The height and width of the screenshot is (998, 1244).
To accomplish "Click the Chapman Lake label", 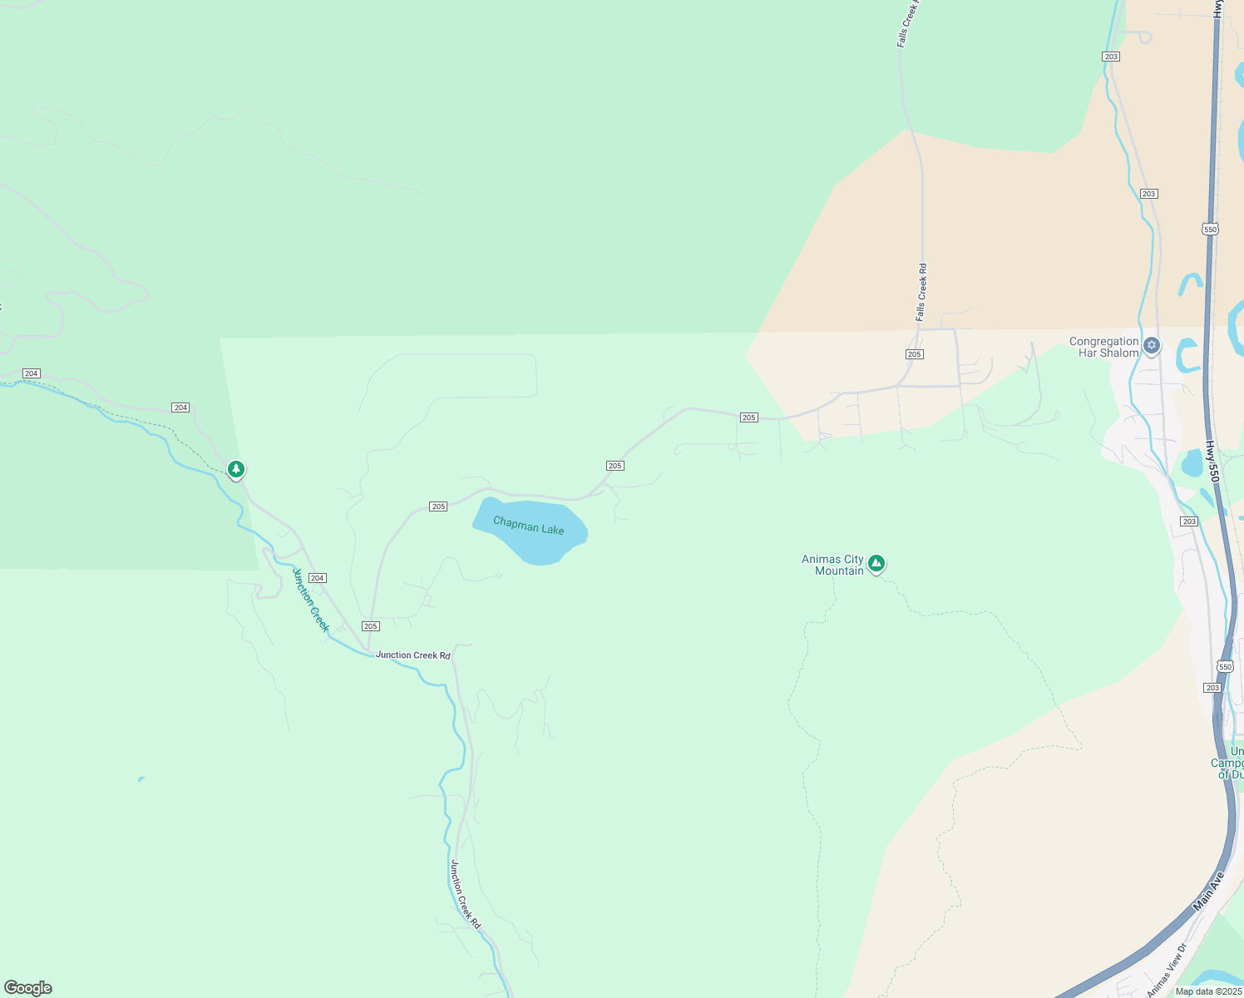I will point(529,526).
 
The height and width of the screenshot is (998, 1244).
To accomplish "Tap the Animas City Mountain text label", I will point(832,565).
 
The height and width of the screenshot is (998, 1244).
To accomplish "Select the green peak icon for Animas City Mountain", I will point(876,564).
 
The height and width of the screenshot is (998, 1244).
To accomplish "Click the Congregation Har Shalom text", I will point(1103,347).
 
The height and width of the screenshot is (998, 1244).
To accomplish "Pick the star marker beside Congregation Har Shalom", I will point(1152,345).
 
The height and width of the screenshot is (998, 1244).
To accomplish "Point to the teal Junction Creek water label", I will point(311,600).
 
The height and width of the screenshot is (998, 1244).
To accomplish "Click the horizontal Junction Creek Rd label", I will point(412,655).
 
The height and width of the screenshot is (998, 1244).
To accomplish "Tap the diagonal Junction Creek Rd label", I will point(465,894).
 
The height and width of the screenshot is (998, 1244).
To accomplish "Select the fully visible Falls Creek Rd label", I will point(921,292).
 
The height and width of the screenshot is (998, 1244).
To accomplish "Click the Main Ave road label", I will point(1209,891).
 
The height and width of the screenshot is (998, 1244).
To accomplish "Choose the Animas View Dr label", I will point(1167,970).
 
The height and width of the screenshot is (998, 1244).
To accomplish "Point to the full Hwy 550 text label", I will point(1212,462).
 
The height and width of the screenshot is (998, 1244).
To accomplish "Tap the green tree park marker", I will point(236,470).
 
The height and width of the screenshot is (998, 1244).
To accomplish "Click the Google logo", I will point(28,988).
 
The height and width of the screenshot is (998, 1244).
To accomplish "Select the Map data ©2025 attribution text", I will point(1208,991).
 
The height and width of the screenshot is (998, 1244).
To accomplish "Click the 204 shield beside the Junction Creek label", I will point(317,578).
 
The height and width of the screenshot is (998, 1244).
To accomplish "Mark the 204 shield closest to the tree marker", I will point(180,408).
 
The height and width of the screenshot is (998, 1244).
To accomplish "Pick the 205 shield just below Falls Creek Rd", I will point(914,354).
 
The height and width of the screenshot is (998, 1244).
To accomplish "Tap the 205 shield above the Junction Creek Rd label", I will point(371,626).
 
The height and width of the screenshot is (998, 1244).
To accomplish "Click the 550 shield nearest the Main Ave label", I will point(1225,666).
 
